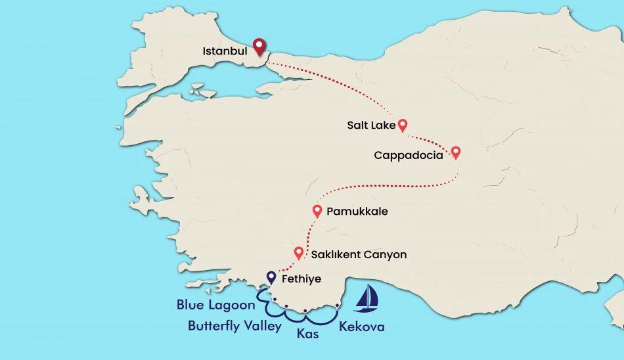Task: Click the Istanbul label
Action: pyautogui.click(x=225, y=51)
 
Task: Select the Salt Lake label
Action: pyautogui.click(x=370, y=124)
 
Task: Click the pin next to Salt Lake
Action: pyautogui.click(x=403, y=124)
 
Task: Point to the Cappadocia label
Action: pyautogui.click(x=408, y=156)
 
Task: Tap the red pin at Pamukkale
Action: pyautogui.click(x=317, y=211)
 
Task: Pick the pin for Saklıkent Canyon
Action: pyautogui.click(x=299, y=252)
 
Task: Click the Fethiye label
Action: pyautogui.click(x=301, y=279)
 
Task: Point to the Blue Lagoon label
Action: pyautogui.click(x=215, y=305)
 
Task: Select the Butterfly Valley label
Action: pyautogui.click(x=234, y=325)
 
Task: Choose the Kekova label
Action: pyautogui.click(x=361, y=326)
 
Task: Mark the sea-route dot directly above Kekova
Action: pyautogui.click(x=337, y=305)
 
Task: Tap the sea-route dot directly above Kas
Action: pyautogui.click(x=305, y=311)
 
